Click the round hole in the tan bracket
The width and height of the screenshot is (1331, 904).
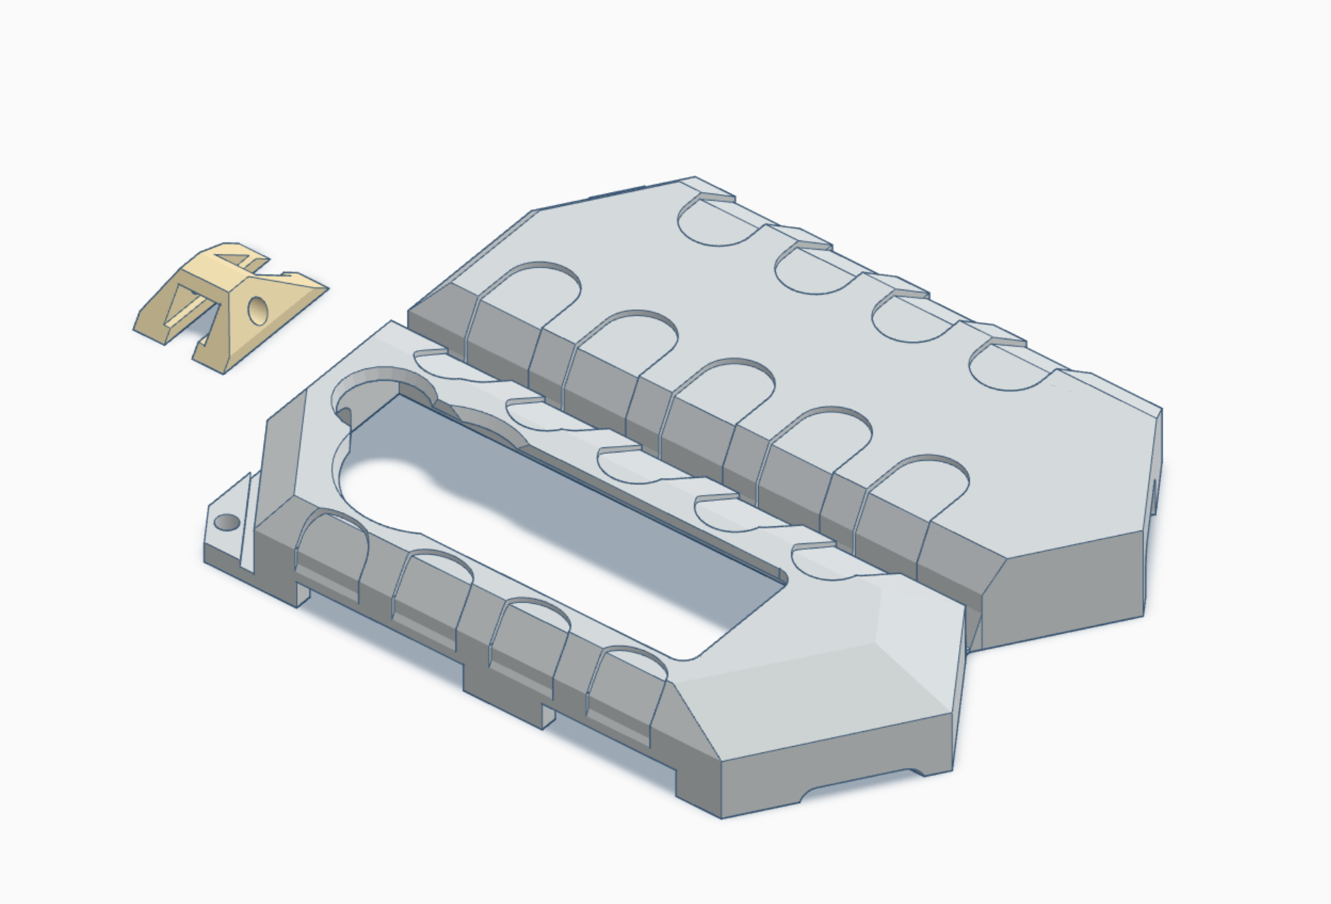(257, 309)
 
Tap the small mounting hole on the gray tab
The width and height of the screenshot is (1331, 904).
(227, 523)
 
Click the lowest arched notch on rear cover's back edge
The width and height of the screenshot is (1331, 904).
(1009, 366)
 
